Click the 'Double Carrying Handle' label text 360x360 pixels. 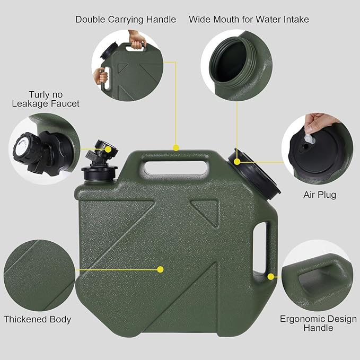pyautogui.click(x=125, y=20)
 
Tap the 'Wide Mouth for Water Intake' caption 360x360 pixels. pyautogui.click(x=249, y=20)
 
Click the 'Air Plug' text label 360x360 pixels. pyautogui.click(x=319, y=195)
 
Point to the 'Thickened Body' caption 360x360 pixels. pyautogui.click(x=37, y=319)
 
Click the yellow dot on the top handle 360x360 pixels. pyautogui.click(x=176, y=147)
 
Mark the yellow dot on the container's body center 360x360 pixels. pyautogui.click(x=160, y=269)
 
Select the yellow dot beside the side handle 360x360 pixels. pyautogui.click(x=271, y=276)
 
